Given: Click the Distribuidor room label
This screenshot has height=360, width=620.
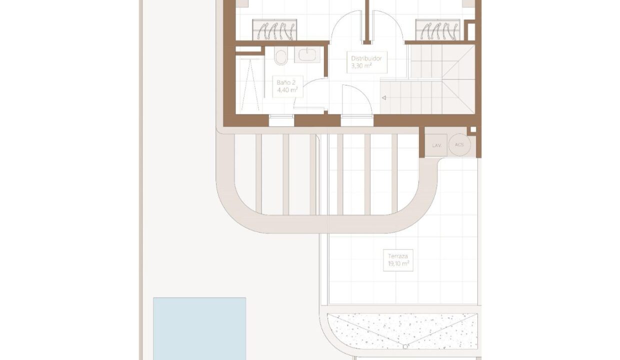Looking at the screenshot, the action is tap(366, 58).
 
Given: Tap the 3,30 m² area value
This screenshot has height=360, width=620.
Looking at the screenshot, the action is tap(361, 66).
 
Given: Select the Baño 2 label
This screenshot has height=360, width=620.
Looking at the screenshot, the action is tap(286, 82).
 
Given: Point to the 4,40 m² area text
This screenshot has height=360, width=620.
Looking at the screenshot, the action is tap(287, 89).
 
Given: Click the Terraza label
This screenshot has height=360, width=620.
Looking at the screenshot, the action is tap(397, 256).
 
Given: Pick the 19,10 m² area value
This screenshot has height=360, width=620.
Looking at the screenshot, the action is tap(398, 263).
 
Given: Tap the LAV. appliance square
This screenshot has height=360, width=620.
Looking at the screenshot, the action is tap(436, 145).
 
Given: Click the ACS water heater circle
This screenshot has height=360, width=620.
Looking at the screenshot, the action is tap(459, 144).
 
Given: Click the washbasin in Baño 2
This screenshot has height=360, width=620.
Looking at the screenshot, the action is tap(307, 54).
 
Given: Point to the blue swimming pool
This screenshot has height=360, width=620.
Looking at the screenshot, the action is tap(199, 328).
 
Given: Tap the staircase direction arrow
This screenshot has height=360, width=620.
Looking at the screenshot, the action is tap(384, 97).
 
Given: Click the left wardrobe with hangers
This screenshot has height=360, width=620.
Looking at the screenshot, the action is tap(274, 29).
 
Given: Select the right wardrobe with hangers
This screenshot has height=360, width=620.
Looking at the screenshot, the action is tap(437, 29).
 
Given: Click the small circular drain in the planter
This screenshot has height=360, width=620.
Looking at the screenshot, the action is tap(405, 346).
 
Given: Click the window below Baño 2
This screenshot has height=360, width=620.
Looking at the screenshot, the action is tap(281, 120).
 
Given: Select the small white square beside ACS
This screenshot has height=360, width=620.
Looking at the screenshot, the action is tap(473, 129).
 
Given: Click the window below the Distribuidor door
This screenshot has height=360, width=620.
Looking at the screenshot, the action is tap(357, 120).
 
